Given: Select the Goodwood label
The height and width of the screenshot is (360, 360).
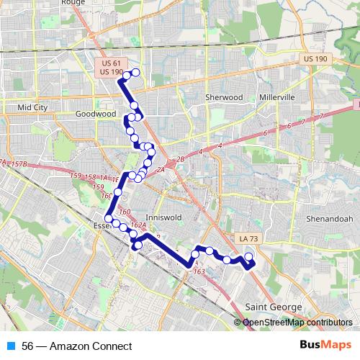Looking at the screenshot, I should click(x=96, y=114).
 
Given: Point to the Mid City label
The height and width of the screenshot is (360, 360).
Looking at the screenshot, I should click(x=32, y=107).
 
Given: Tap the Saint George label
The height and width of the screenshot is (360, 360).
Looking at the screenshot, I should click(x=274, y=307).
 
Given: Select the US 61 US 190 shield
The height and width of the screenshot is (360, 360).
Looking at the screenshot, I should click(x=112, y=68).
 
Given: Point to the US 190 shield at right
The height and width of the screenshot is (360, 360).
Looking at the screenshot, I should click(x=315, y=58).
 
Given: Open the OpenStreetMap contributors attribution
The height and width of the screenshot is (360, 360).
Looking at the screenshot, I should click(x=297, y=322).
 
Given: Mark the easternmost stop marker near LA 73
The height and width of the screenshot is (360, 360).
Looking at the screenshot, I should click(x=249, y=257).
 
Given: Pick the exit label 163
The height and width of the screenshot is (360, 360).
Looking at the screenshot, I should click(x=199, y=271).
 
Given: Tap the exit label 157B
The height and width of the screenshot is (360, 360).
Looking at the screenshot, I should click(x=19, y=165).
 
